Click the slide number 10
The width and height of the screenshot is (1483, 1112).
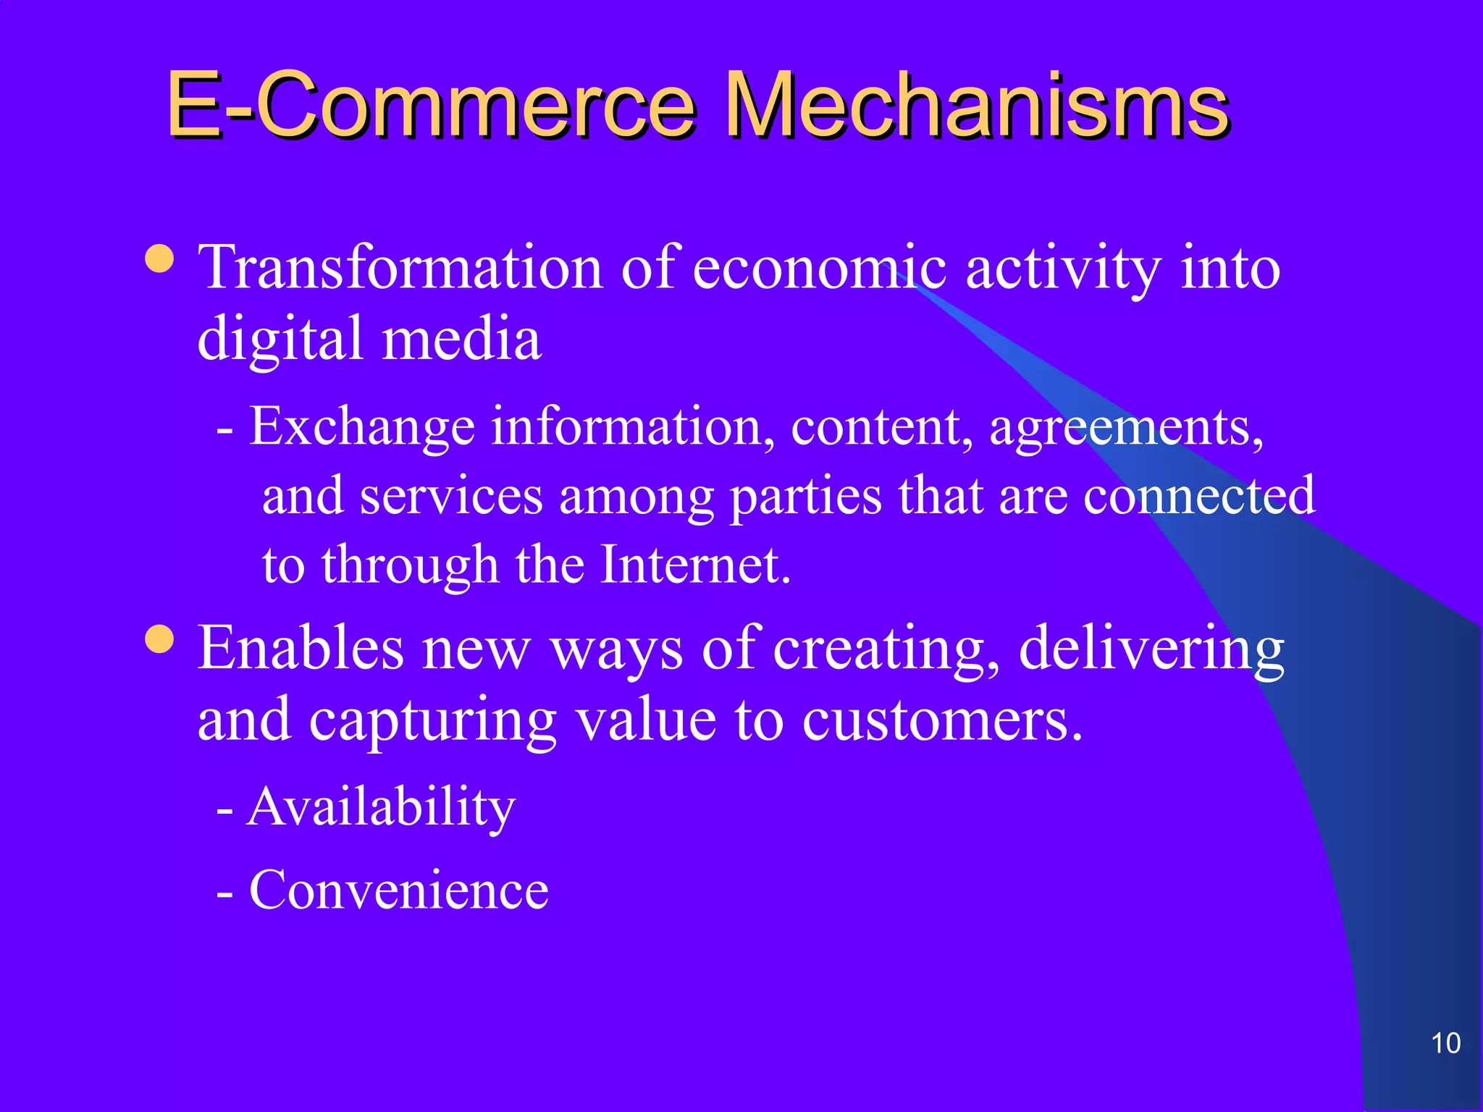point(1445,1043)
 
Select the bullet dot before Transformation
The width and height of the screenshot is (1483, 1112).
point(159,258)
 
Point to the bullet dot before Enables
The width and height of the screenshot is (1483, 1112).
point(159,639)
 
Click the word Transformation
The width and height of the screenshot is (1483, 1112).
point(400,268)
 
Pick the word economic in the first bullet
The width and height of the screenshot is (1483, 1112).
point(819,268)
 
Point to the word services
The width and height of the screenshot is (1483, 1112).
point(451,497)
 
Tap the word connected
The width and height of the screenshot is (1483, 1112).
point(1199,497)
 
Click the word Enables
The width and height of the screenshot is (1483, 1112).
point(301,648)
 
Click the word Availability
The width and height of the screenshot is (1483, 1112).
point(381,807)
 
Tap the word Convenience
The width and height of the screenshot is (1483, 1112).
point(399,890)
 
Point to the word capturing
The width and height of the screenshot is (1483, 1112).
point(432,722)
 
